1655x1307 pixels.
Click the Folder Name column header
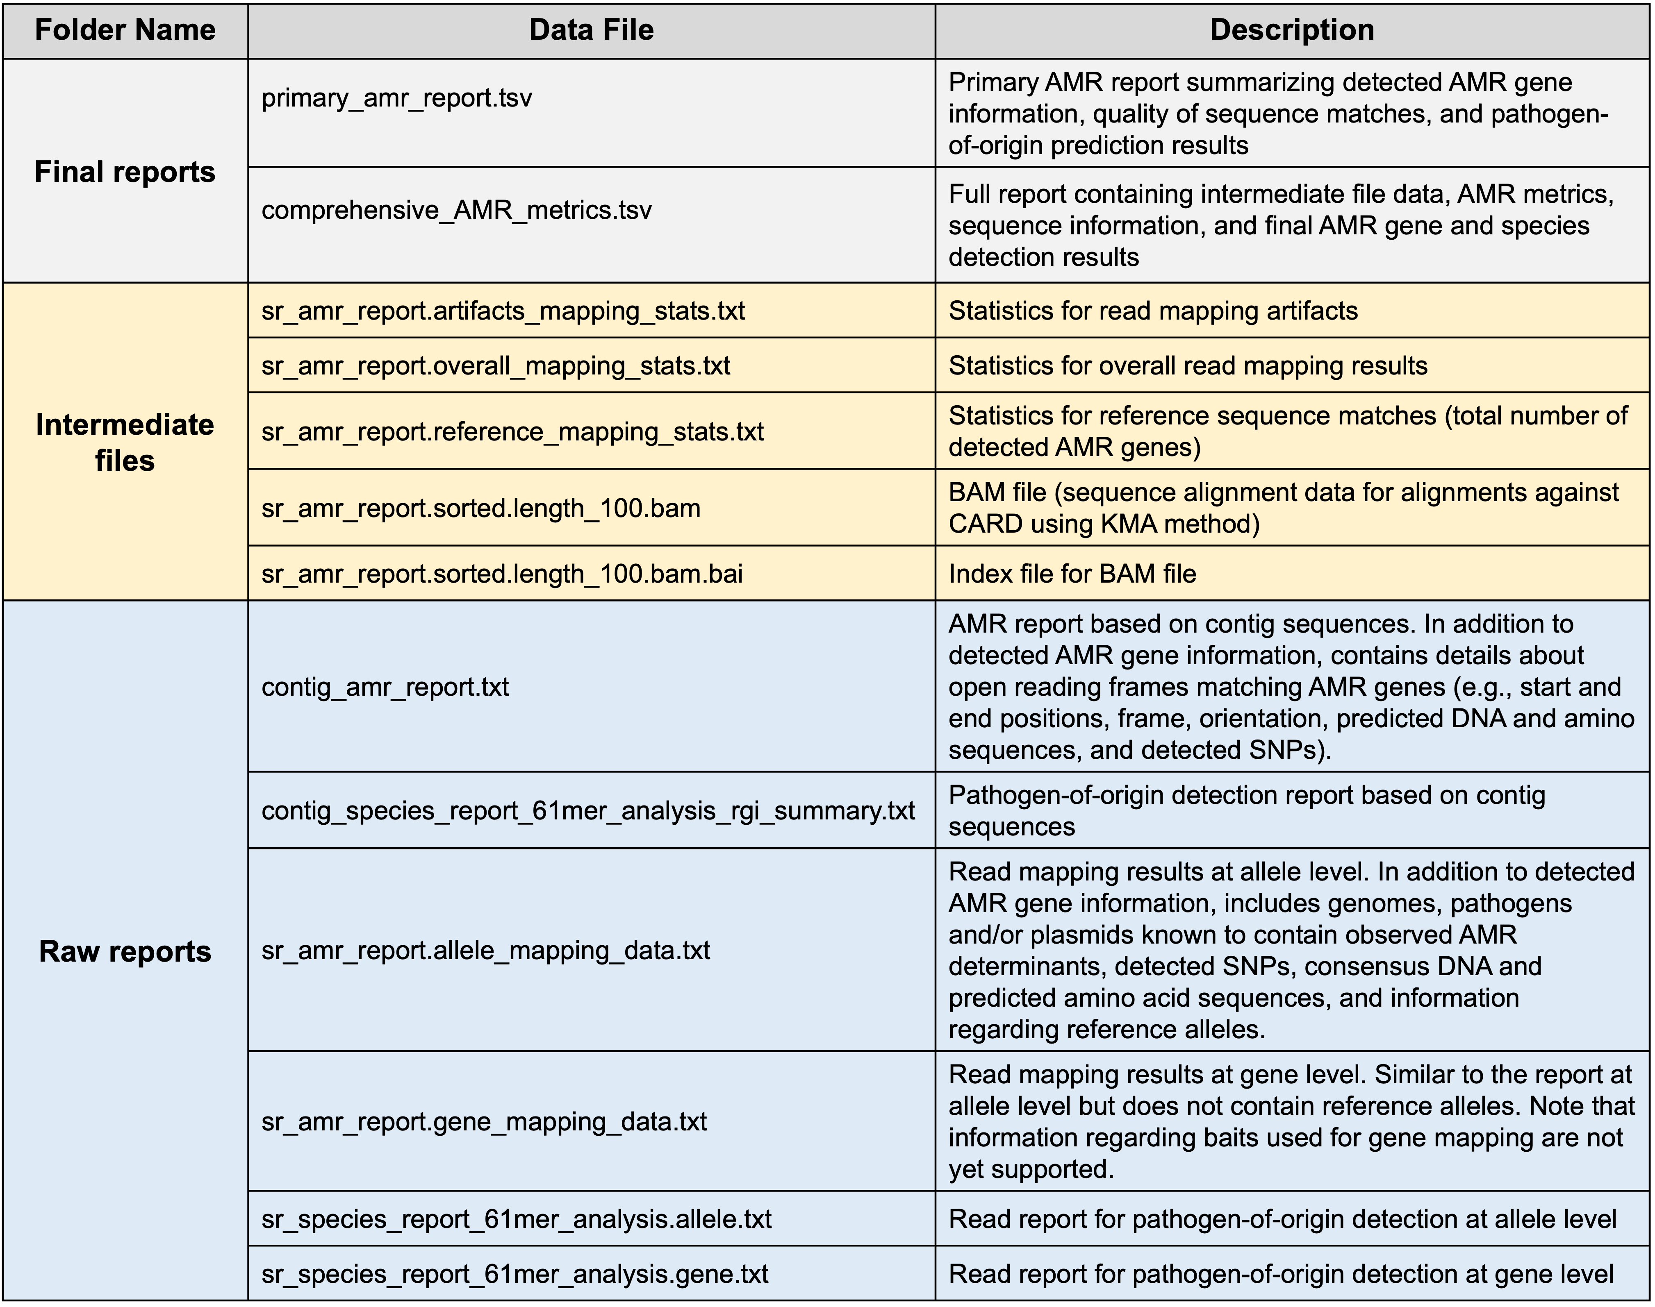(125, 30)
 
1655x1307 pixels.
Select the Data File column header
(591, 30)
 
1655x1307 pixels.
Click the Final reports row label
(125, 171)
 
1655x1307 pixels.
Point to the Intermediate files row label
(125, 442)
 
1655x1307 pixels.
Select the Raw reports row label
(125, 951)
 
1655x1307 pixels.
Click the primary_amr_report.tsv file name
(396, 98)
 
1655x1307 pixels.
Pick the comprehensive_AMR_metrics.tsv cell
(456, 210)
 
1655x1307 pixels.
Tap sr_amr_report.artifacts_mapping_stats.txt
(503, 311)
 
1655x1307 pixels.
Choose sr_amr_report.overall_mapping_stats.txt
(495, 366)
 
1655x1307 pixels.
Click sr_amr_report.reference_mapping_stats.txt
(512, 431)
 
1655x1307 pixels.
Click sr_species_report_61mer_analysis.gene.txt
(514, 1274)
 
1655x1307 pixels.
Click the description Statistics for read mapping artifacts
(1153, 311)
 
